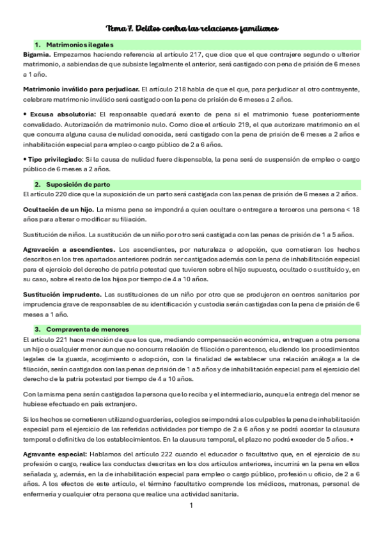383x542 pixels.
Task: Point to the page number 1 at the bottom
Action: (191, 506)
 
